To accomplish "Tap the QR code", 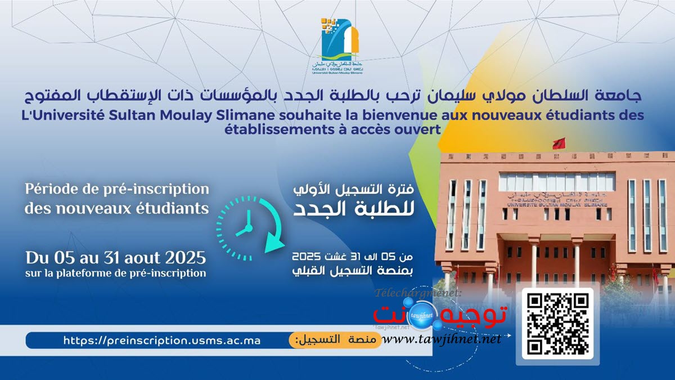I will (x=558, y=323).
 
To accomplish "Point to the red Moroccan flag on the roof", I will (x=559, y=142).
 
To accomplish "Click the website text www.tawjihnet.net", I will (x=444, y=339).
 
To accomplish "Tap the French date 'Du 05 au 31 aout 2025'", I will (x=115, y=258).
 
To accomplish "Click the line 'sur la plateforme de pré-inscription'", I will (x=115, y=274).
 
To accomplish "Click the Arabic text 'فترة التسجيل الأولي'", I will (x=355, y=190).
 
